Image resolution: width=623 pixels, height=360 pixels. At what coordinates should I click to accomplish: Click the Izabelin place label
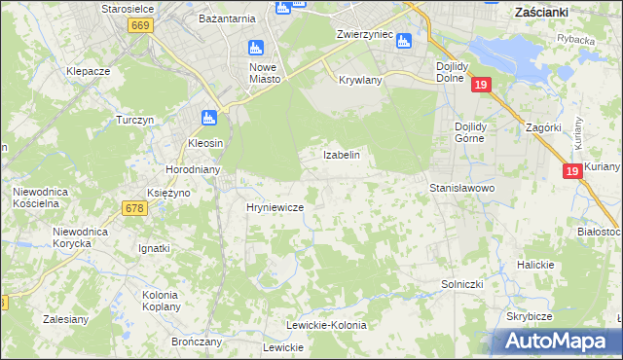[x=342, y=155]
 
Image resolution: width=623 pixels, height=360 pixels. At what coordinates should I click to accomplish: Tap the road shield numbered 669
[x=139, y=25]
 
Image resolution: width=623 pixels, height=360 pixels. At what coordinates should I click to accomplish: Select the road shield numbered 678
[x=134, y=207]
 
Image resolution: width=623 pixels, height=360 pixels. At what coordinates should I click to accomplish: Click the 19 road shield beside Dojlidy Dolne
[x=480, y=86]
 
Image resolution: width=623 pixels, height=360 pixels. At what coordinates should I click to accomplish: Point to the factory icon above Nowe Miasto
[x=256, y=48]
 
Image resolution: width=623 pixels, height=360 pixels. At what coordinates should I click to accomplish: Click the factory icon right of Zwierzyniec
[x=404, y=41]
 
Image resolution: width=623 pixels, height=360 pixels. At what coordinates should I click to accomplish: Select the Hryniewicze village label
[x=275, y=208]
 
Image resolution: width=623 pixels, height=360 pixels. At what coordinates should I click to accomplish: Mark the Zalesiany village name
[x=67, y=318]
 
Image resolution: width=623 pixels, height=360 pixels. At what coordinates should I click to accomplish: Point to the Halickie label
[x=535, y=265]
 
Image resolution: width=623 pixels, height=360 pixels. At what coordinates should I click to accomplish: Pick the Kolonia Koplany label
[x=160, y=301]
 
